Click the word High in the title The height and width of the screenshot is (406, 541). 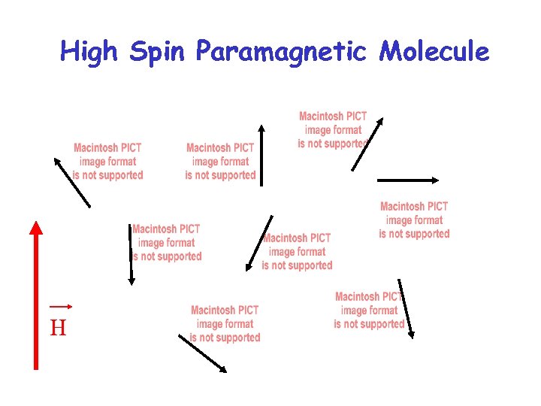coord(90,52)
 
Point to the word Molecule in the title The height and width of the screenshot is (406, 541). coord(434,52)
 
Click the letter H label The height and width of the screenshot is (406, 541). coord(58,328)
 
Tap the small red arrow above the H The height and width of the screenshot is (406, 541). coord(60,306)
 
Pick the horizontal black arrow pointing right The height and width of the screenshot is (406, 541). coord(407,180)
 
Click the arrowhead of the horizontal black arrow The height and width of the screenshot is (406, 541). coord(434,180)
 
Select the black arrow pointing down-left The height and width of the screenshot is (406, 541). coord(259,242)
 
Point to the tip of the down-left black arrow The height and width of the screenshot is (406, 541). coord(248,268)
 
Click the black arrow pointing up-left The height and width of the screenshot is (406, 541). coord(72,182)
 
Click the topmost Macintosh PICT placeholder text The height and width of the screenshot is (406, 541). coord(332,129)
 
